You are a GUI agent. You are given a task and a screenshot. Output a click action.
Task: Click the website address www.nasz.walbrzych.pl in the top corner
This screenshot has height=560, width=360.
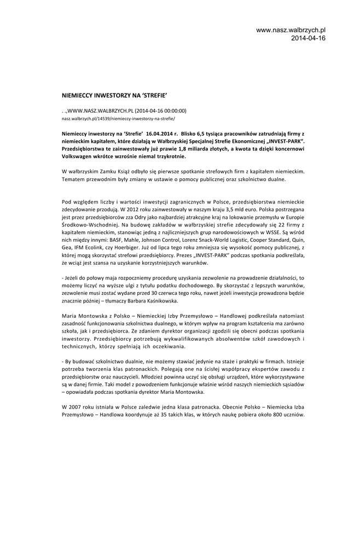(291, 30)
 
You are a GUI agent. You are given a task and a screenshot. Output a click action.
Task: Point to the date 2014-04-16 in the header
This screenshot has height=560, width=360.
(308, 38)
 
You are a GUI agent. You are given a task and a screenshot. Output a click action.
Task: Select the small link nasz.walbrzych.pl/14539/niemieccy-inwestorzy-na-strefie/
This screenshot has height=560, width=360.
(118, 118)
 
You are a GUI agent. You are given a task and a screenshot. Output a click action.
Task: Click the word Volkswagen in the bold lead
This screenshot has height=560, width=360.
(79, 156)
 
